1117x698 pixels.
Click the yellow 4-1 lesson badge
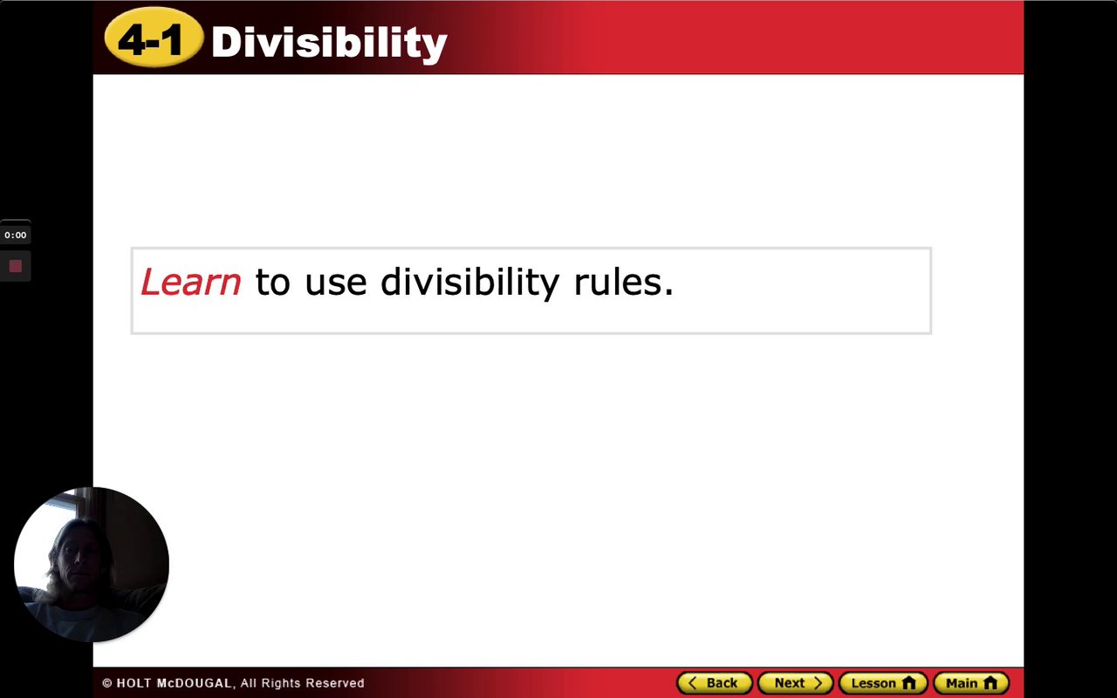coord(154,38)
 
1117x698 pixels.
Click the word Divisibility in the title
coord(329,43)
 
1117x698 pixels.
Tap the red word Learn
coord(191,282)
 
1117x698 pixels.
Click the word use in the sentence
coord(336,284)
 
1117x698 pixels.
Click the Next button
coord(795,683)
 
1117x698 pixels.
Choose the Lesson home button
coord(883,683)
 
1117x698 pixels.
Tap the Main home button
coord(971,683)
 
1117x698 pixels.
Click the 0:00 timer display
coord(16,235)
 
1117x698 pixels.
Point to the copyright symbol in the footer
coord(106,683)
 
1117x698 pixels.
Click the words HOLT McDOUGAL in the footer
coord(174,683)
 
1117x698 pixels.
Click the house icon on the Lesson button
coord(909,683)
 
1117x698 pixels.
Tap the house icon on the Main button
coord(990,683)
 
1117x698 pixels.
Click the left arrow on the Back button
coord(692,683)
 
